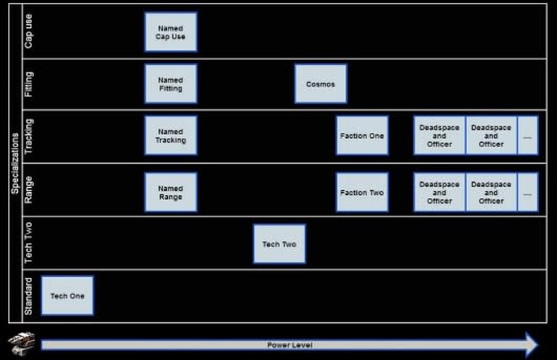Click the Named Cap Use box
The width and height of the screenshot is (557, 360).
(171, 32)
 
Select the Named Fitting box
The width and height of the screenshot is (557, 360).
(171, 84)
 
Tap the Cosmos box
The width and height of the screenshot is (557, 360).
(321, 84)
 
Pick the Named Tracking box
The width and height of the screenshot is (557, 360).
(171, 136)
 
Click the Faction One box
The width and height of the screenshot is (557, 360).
(362, 136)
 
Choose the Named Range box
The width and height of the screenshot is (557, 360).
(171, 192)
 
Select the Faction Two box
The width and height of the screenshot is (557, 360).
(362, 192)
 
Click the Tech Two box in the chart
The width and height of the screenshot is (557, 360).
(279, 244)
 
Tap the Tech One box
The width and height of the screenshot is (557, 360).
(68, 296)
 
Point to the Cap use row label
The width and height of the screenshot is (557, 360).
(29, 31)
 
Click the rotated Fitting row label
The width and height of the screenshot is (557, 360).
(29, 84)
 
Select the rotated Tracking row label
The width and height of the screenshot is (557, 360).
(29, 136)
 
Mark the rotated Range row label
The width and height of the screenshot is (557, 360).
(29, 190)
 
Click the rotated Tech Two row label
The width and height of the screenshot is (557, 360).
(29, 243)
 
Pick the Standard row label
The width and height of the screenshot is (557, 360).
(29, 296)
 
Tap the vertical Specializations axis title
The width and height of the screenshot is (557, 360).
(15, 164)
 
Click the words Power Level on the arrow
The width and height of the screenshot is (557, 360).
(290, 345)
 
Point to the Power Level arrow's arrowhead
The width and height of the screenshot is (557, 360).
(532, 345)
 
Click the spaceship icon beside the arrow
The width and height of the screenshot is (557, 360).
(21, 344)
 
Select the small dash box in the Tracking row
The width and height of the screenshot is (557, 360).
(528, 136)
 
